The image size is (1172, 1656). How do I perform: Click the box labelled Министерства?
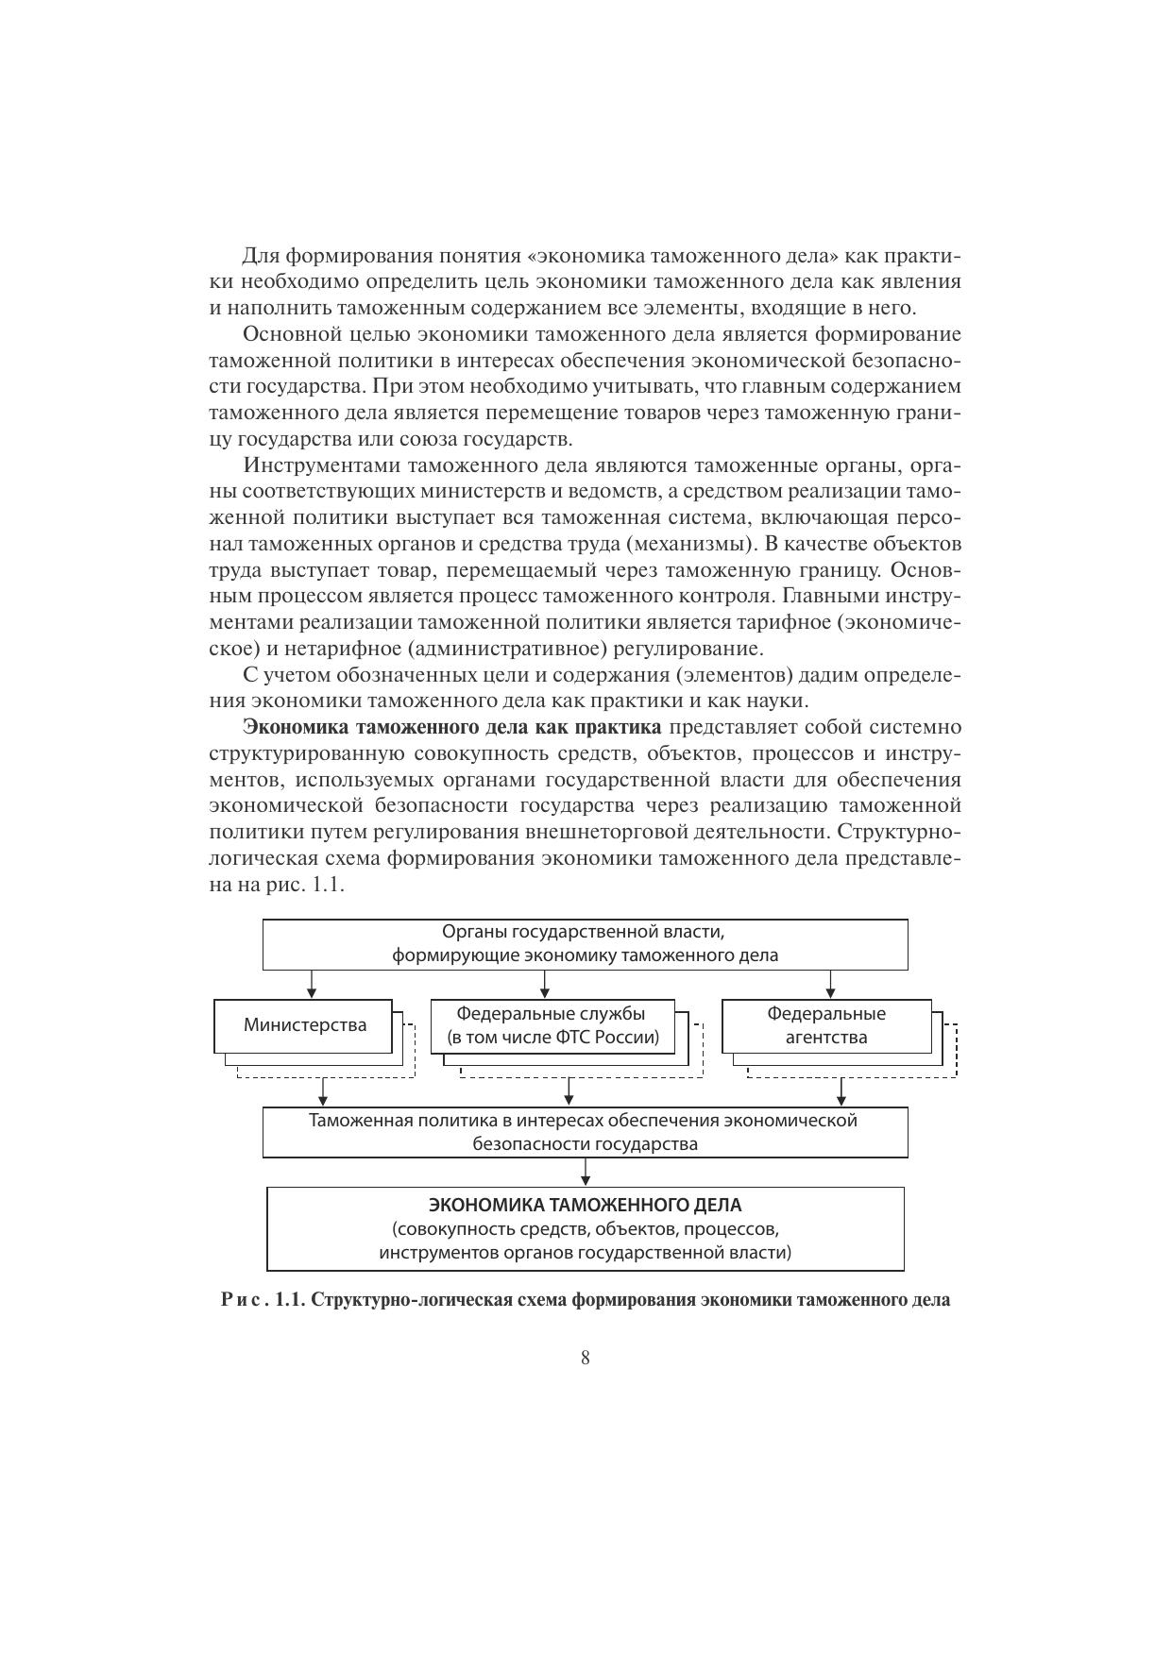click(304, 1025)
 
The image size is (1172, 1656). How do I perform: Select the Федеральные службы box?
click(552, 1026)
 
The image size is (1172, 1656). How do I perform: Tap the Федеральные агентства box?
click(825, 1026)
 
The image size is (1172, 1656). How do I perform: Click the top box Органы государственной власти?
click(585, 944)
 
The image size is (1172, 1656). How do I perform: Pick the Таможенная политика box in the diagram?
click(585, 1132)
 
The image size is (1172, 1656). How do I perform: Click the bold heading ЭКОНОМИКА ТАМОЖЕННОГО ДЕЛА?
click(585, 1206)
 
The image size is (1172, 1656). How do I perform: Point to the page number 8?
click(586, 1359)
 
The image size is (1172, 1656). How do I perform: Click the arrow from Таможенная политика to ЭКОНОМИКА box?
click(586, 1173)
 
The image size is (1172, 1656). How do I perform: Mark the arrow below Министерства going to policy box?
click(323, 1092)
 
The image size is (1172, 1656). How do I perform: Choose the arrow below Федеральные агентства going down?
click(841, 1092)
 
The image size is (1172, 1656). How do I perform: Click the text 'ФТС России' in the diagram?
click(608, 1039)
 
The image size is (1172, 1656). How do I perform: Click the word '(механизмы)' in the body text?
click(696, 544)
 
